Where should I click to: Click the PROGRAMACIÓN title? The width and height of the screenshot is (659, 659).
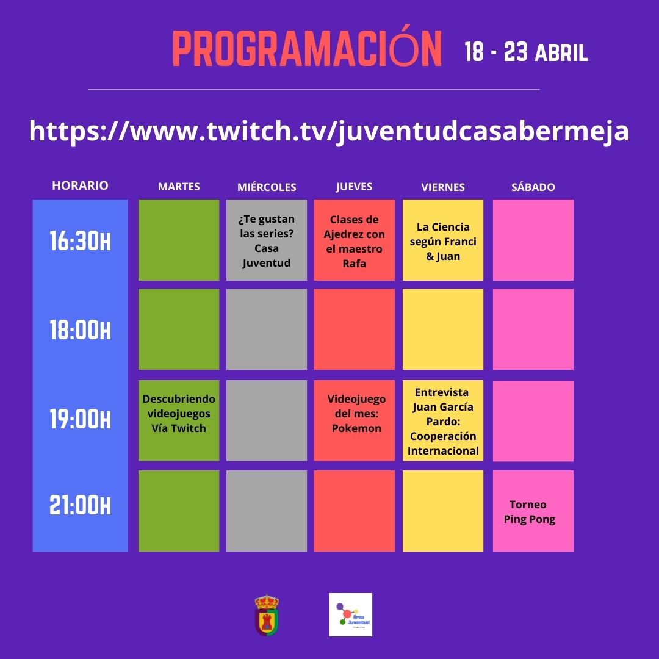point(307,48)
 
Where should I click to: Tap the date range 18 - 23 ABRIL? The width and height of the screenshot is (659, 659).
point(526,52)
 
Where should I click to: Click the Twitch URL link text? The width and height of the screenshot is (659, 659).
point(329,131)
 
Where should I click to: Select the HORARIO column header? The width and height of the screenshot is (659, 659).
point(81,185)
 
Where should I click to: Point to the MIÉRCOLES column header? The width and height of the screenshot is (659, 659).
point(267,187)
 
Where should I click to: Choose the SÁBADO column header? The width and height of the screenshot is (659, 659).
point(533,187)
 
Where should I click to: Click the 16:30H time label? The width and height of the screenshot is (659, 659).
point(81,241)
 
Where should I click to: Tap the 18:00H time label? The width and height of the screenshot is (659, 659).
point(81,330)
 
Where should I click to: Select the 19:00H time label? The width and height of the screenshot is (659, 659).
point(81,419)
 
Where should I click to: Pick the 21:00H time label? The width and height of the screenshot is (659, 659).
point(81,505)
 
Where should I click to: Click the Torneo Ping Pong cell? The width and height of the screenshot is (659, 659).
point(533,511)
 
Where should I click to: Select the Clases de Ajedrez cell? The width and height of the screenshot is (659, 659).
point(355,240)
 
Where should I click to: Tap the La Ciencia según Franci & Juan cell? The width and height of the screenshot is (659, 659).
point(443,240)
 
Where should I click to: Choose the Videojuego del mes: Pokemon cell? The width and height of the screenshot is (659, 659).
point(355,420)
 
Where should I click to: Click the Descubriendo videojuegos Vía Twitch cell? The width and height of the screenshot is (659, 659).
point(179,420)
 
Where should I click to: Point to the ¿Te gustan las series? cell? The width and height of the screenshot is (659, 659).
point(267,240)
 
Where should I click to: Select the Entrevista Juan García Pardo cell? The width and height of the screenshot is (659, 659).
point(443,420)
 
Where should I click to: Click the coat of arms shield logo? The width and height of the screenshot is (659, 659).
point(267,615)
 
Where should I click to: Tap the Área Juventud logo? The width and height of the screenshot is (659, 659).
point(350,614)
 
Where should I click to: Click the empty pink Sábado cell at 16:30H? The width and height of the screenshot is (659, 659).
point(533,240)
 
